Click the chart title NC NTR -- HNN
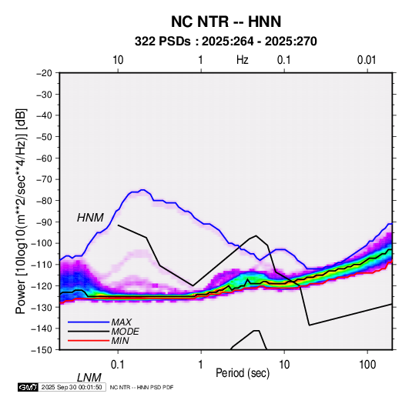226,22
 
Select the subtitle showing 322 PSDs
226,42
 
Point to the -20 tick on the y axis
44,73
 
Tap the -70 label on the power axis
44,179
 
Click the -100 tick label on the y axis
42,243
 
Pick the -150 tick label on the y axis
42,350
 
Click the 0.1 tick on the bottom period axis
118,365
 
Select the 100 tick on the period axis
367,365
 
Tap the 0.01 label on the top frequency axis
367,60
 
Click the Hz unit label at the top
243,60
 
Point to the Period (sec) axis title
243,373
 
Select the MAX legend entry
121,322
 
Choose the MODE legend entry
125,332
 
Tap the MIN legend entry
120,341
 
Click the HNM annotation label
90,218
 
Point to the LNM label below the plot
89,378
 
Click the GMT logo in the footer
28,387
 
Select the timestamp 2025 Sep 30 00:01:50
72,387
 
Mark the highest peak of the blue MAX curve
142,189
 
